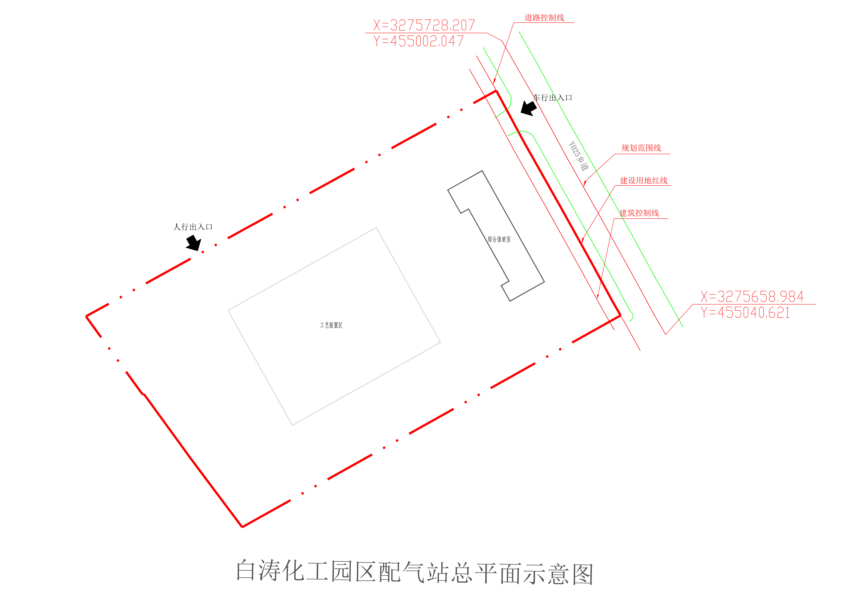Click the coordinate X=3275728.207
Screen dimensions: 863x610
tap(424, 25)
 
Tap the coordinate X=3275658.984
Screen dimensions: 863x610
tap(752, 297)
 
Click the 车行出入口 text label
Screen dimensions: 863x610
tap(553, 98)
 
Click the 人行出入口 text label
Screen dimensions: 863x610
tap(193, 227)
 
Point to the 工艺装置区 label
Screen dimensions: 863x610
tap(331, 325)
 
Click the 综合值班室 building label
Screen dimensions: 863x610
tap(499, 239)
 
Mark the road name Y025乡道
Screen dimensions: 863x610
tap(579, 156)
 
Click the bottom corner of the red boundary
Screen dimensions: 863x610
tap(242, 527)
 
